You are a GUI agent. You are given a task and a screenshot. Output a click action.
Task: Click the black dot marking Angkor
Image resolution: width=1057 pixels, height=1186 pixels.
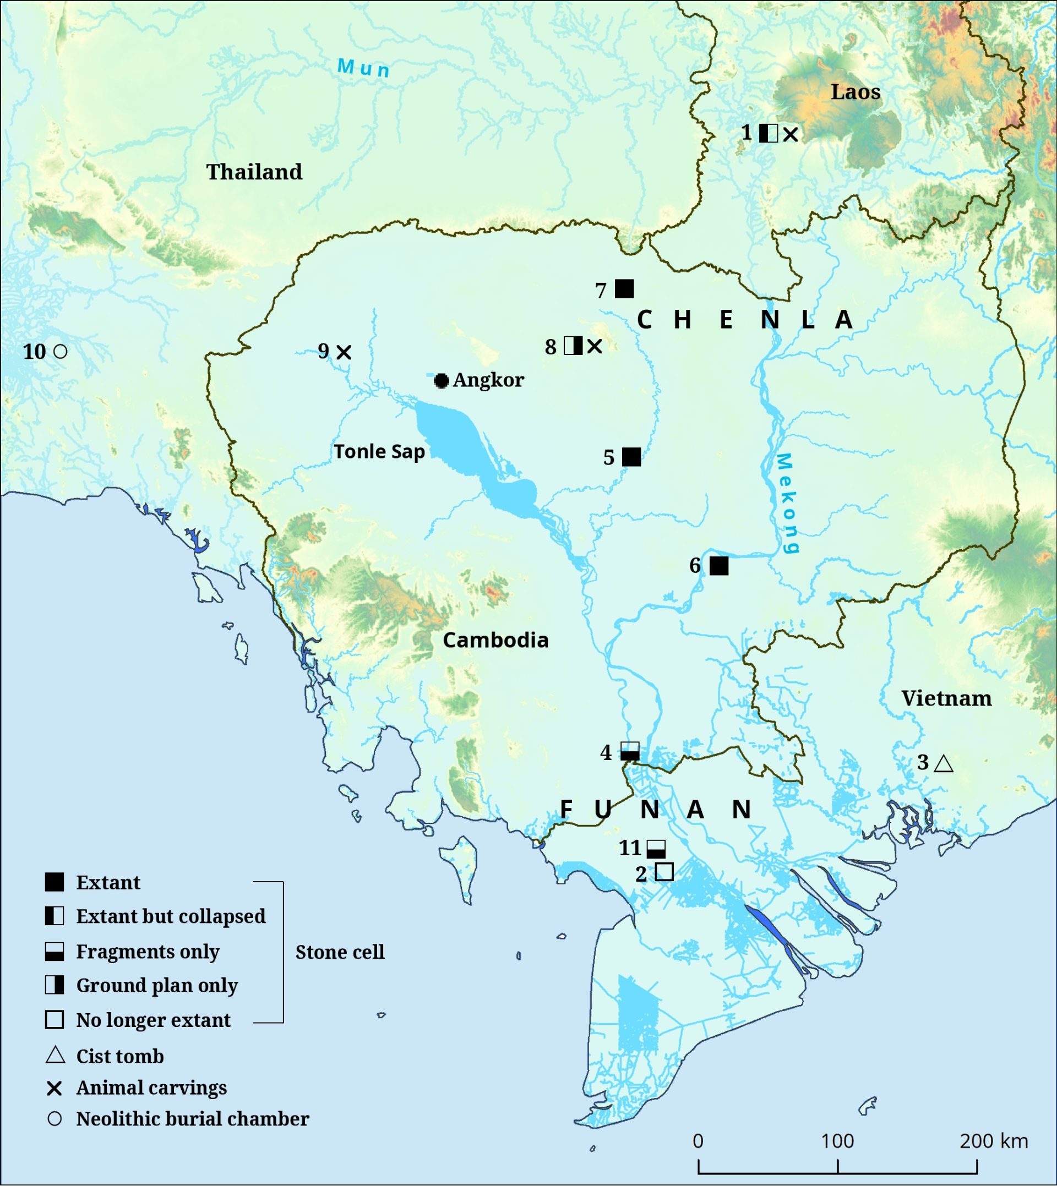coord(442,381)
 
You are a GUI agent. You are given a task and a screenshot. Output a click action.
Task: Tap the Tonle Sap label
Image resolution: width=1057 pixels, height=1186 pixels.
coord(379,452)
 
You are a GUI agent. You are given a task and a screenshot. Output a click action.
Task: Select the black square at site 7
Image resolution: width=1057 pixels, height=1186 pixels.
coord(624,288)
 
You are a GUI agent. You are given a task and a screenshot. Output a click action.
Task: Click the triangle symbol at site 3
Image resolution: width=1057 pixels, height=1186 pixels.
coord(943,764)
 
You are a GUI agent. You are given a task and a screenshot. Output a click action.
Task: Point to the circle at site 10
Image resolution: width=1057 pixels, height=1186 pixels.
coord(60,351)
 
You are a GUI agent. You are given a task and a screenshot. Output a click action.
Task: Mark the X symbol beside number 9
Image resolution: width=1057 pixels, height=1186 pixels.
coord(344,352)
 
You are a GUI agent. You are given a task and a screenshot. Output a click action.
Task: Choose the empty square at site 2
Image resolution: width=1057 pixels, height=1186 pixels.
coord(664,872)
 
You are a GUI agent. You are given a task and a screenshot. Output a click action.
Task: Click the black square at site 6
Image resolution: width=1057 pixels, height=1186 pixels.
coord(719,565)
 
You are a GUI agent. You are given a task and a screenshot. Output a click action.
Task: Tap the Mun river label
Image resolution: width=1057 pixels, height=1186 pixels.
coord(363,68)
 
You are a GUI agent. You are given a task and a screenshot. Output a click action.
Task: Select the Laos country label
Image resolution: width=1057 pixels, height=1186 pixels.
coord(855,92)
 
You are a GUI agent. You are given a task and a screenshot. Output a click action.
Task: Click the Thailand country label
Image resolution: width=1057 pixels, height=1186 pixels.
coord(254,172)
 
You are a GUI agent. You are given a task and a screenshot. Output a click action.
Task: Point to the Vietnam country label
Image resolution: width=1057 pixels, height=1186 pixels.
coord(946,698)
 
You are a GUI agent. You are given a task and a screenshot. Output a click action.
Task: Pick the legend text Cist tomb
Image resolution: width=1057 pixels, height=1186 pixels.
coord(119,1057)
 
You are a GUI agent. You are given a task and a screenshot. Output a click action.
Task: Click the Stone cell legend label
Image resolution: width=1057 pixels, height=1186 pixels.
coord(340,952)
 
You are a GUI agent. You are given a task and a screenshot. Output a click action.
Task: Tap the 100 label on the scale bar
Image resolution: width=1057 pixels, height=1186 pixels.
coord(837,1141)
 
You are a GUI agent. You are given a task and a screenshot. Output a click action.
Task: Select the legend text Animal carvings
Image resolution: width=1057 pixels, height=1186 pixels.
coord(151,1088)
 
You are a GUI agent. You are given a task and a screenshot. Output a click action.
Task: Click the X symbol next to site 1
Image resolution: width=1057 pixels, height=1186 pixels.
coord(790,135)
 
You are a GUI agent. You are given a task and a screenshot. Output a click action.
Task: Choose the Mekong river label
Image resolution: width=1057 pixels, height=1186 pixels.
coord(786,502)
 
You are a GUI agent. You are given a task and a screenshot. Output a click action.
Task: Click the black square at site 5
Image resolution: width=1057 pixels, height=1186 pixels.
coord(631,457)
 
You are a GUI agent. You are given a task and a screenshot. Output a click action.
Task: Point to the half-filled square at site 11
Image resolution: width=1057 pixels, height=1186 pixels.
coord(656,849)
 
